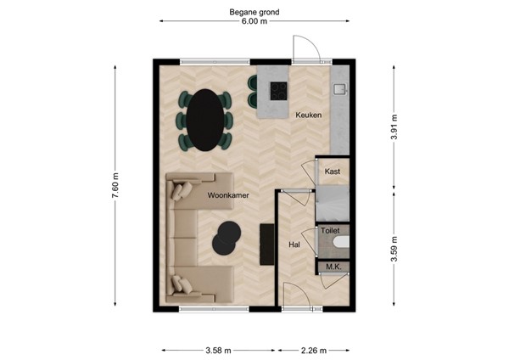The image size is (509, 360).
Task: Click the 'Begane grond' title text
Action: pos(254,13)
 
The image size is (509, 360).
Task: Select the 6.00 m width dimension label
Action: pos(254,23)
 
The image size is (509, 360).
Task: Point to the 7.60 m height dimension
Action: pos(115,184)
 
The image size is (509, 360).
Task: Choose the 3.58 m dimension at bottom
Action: pos(218,349)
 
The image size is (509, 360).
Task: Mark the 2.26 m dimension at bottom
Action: pos(313,349)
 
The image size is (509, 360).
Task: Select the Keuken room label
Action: pos(308,115)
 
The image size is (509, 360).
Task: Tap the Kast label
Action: pos(333,172)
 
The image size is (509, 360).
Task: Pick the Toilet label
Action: pos(330,230)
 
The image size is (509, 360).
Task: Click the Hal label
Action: pos(294,245)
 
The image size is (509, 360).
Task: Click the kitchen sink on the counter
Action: pos(342,87)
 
